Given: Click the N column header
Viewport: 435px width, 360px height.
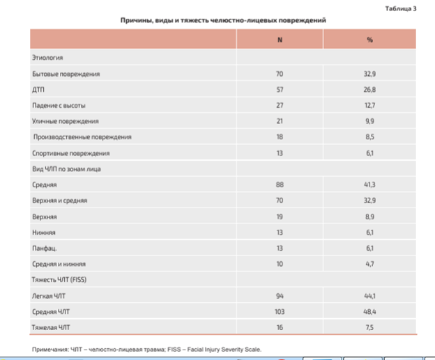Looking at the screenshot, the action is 280,40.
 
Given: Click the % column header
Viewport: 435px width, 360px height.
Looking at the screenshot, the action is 369,40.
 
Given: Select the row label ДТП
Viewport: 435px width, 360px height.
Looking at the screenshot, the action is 38,90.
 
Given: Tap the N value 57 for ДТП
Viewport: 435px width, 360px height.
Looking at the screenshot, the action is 280,90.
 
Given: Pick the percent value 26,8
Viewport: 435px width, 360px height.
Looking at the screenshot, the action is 369,90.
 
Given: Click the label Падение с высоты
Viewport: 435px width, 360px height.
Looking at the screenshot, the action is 59,106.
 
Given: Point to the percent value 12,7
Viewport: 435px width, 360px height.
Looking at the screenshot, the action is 369,106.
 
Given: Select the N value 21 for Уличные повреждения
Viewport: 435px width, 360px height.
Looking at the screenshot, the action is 280,121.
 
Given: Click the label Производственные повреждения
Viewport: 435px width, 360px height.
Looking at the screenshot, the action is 82,137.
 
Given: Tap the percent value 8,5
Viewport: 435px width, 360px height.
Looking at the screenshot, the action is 369,137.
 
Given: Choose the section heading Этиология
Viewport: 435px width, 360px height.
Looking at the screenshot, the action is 47,58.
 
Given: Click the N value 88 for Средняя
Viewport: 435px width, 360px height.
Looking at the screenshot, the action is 280,185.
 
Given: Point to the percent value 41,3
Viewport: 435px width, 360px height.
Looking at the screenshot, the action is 369,185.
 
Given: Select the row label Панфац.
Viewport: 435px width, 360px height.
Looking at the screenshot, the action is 45,249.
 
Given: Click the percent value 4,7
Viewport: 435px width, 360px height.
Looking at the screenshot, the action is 369,264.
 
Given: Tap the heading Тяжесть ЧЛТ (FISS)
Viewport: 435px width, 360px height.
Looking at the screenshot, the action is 59,280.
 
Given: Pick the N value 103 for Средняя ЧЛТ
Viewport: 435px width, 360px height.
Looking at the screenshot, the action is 280,312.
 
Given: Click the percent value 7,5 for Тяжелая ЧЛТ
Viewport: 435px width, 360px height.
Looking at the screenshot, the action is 369,327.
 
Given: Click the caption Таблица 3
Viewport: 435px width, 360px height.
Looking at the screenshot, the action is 401,9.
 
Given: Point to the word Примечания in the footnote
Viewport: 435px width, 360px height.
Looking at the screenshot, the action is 49,350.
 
